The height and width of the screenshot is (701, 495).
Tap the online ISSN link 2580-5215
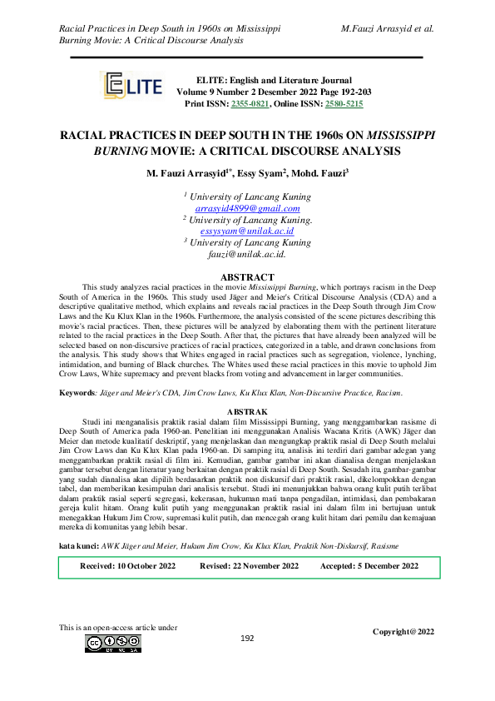pos(344,105)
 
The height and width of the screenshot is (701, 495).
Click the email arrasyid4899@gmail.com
pos(247,208)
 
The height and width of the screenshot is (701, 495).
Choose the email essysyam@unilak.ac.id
pos(247,231)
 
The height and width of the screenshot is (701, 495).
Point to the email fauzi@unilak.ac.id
pos(247,254)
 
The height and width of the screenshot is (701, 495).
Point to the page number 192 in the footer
pos(247,661)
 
